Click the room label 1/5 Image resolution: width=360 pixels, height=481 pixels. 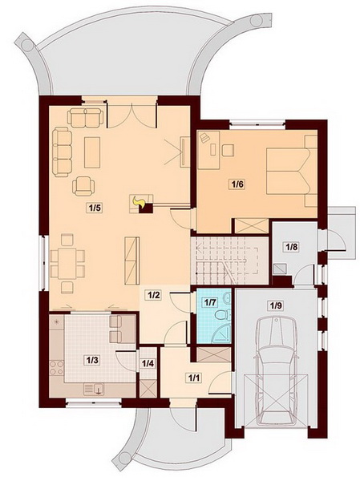point(94,208)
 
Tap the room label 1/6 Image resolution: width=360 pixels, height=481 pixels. point(237,184)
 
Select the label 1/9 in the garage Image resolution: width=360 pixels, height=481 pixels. point(276,305)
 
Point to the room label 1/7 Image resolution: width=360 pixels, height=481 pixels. point(211,302)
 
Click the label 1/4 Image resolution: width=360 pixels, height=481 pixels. point(148,364)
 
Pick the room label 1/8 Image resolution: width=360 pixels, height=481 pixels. point(292,246)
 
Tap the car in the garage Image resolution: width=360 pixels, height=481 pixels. point(276,371)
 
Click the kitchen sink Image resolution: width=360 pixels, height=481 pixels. point(95,389)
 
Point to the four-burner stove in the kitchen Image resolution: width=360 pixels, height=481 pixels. point(56,368)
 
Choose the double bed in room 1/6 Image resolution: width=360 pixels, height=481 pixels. point(292,171)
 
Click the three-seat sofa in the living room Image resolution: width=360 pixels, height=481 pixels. point(62,152)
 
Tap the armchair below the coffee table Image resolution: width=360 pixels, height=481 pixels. point(83,186)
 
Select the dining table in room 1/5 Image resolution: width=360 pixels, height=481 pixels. point(67,263)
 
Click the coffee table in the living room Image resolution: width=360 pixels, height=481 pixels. point(92,152)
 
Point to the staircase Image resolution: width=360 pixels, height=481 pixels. point(230,261)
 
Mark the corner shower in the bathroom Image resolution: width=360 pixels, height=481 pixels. point(221,333)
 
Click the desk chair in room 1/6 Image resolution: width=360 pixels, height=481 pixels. point(228,150)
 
